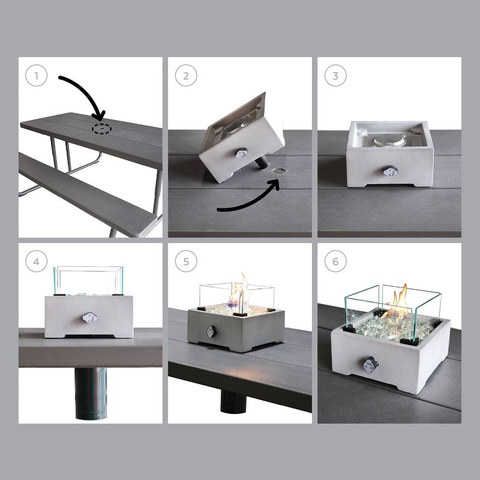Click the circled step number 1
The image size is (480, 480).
point(37,76)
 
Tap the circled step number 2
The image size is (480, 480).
point(186,76)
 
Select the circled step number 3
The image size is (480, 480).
point(335,76)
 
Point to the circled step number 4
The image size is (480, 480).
point(37,261)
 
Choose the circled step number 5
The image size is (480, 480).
point(186,261)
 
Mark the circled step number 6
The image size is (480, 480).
point(335,261)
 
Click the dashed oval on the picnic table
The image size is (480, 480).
point(101,129)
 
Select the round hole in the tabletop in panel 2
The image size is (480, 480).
point(278,171)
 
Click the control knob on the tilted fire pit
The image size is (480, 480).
point(242,153)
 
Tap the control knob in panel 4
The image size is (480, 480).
point(89,318)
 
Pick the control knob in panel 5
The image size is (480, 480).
point(212,332)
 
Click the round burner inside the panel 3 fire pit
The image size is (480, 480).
point(389,140)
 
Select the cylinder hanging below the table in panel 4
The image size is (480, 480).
point(91,394)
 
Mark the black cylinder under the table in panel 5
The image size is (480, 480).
point(233,401)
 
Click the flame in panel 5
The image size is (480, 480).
point(241,292)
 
